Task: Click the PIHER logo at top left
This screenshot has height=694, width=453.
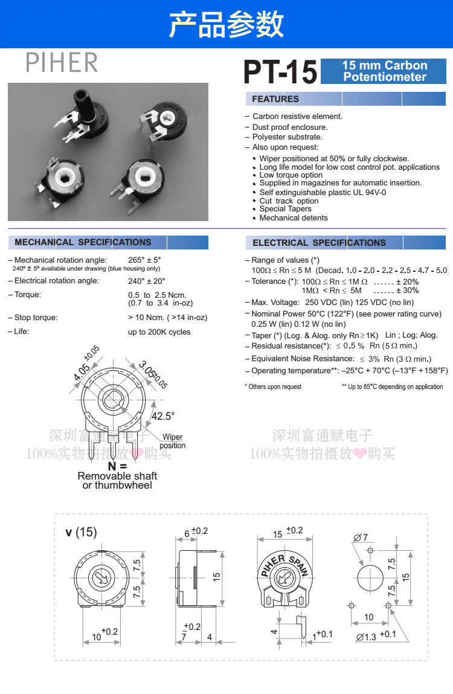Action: [x=62, y=62]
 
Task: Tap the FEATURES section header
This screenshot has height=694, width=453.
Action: [x=275, y=99]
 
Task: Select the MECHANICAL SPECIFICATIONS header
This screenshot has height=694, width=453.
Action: [x=83, y=242]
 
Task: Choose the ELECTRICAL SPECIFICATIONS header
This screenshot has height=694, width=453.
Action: [x=319, y=243]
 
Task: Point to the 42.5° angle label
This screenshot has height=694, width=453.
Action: [x=162, y=416]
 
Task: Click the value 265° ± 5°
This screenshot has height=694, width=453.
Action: [x=144, y=260]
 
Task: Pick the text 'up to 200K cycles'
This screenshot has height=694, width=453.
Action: [x=159, y=332]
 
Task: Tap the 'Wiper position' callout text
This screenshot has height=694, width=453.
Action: [x=172, y=442]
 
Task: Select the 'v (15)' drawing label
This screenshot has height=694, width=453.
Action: [x=81, y=532]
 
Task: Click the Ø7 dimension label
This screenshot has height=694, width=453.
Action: [x=361, y=538]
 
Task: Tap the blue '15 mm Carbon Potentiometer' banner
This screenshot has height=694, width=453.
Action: [x=384, y=71]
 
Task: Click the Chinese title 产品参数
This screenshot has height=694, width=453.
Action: [x=226, y=24]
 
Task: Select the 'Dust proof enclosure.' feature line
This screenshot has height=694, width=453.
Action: [x=290, y=127]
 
